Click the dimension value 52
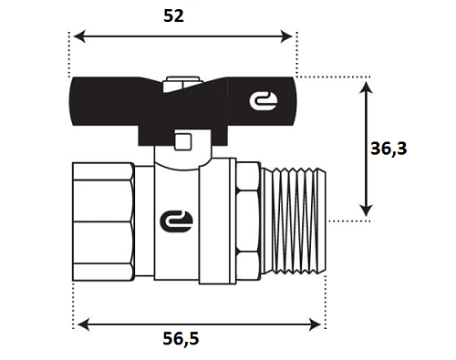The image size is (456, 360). (x=173, y=15)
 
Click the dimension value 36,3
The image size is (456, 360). (x=389, y=149)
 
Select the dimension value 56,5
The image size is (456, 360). (x=181, y=338)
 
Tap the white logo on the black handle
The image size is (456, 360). (x=264, y=101)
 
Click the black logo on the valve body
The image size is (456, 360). (x=176, y=221)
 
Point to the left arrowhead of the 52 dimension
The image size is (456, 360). (x=79, y=36)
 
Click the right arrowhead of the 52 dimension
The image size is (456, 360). (x=286, y=36)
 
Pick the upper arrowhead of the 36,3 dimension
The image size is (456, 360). (x=366, y=87)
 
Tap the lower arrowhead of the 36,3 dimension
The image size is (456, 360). (x=366, y=211)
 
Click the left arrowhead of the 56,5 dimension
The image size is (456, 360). (x=84, y=324)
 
